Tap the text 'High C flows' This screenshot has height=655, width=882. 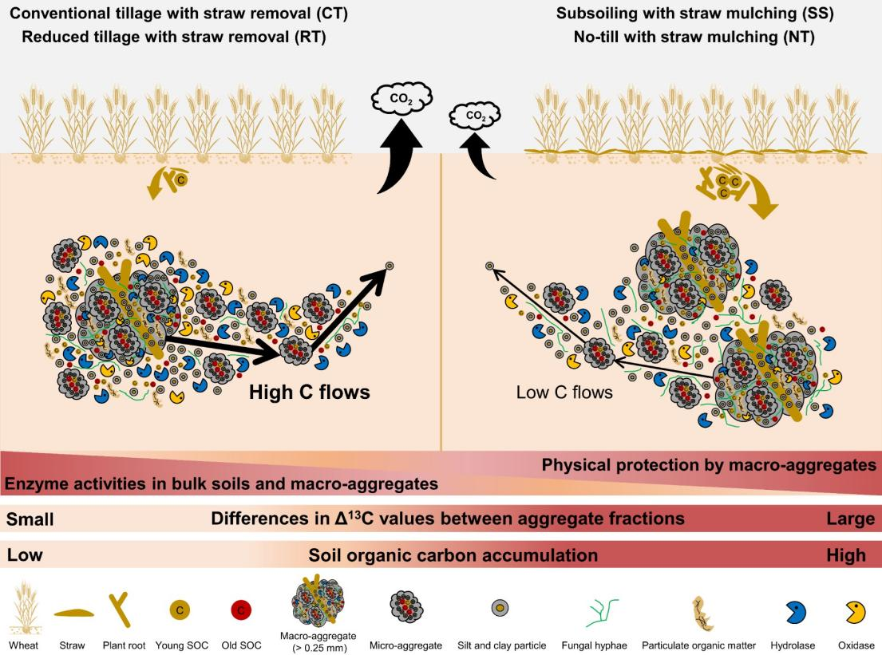coord(310,392)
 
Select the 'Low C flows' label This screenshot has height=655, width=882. coord(564,392)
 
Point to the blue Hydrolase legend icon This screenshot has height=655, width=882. coord(795,612)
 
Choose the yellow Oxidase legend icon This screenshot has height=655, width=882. coord(855,612)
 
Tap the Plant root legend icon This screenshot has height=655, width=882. coord(123,611)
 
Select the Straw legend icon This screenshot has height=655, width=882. coord(73,613)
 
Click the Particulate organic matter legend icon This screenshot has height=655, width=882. coord(700,613)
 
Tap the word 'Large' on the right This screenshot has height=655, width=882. coord(851,519)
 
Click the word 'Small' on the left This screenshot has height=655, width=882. coord(30,519)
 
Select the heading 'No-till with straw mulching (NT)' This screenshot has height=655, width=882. coord(694,37)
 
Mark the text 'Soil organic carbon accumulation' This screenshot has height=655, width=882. coord(453,554)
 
